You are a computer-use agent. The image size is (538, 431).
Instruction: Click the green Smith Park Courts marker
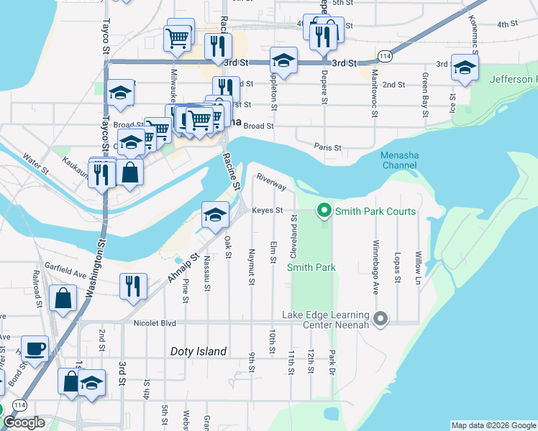point(324,211)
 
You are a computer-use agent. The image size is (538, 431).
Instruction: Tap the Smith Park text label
point(311,267)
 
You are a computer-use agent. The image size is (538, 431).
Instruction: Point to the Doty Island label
point(199,351)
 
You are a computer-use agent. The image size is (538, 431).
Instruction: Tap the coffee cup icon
point(35,349)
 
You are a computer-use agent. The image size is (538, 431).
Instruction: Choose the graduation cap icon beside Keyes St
point(214,215)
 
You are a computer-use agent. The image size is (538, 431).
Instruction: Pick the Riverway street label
point(272,182)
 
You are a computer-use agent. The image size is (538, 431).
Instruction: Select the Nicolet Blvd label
point(155,323)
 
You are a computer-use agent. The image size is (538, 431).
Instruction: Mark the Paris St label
point(327,147)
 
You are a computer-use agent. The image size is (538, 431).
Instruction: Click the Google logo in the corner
point(24,422)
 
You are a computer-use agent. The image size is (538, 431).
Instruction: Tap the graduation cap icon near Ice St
point(465,68)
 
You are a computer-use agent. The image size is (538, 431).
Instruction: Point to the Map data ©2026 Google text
point(493,425)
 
